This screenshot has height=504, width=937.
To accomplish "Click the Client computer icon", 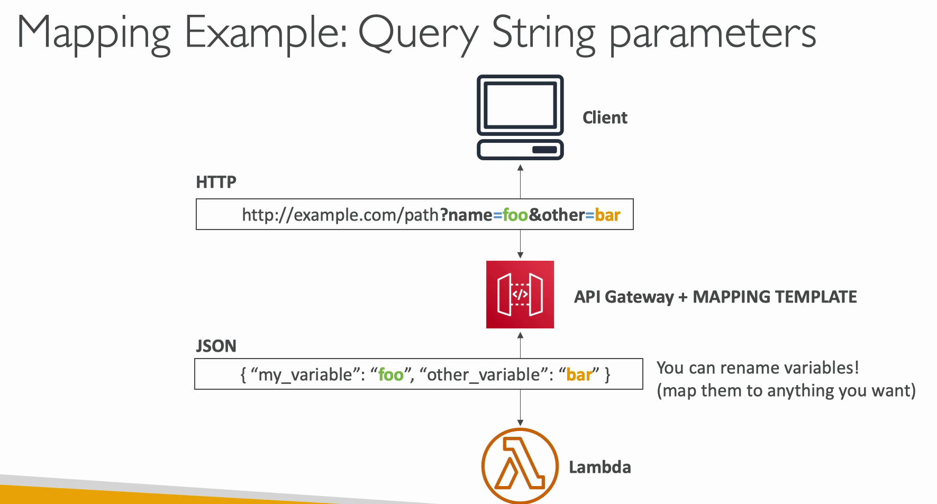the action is pos(520,117).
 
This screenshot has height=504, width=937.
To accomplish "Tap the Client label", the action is pos(605,117).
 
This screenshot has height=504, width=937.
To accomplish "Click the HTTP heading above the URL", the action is pos(216,182).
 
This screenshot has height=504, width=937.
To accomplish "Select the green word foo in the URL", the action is pos(515,215).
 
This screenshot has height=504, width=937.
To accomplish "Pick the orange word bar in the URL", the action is pos(607,215).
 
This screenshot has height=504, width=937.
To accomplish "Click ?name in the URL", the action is pos(466,215).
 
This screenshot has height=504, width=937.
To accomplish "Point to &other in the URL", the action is pos(557,215).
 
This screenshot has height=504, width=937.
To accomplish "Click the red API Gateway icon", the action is pos(520,295).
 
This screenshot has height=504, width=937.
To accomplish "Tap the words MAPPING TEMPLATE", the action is pos(775,297).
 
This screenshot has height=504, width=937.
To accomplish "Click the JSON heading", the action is pos(216,346).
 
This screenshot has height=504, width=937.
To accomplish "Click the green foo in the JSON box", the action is pos(391,375).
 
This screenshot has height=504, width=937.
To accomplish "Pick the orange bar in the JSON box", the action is pos(579,375).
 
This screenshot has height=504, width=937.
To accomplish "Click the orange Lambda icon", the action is pos(520,466).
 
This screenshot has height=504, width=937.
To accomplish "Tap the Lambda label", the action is pos(600,467).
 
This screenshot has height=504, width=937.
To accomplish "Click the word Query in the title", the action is pos(418,33).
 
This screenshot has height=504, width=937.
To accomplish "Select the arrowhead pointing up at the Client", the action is pos(520,167).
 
